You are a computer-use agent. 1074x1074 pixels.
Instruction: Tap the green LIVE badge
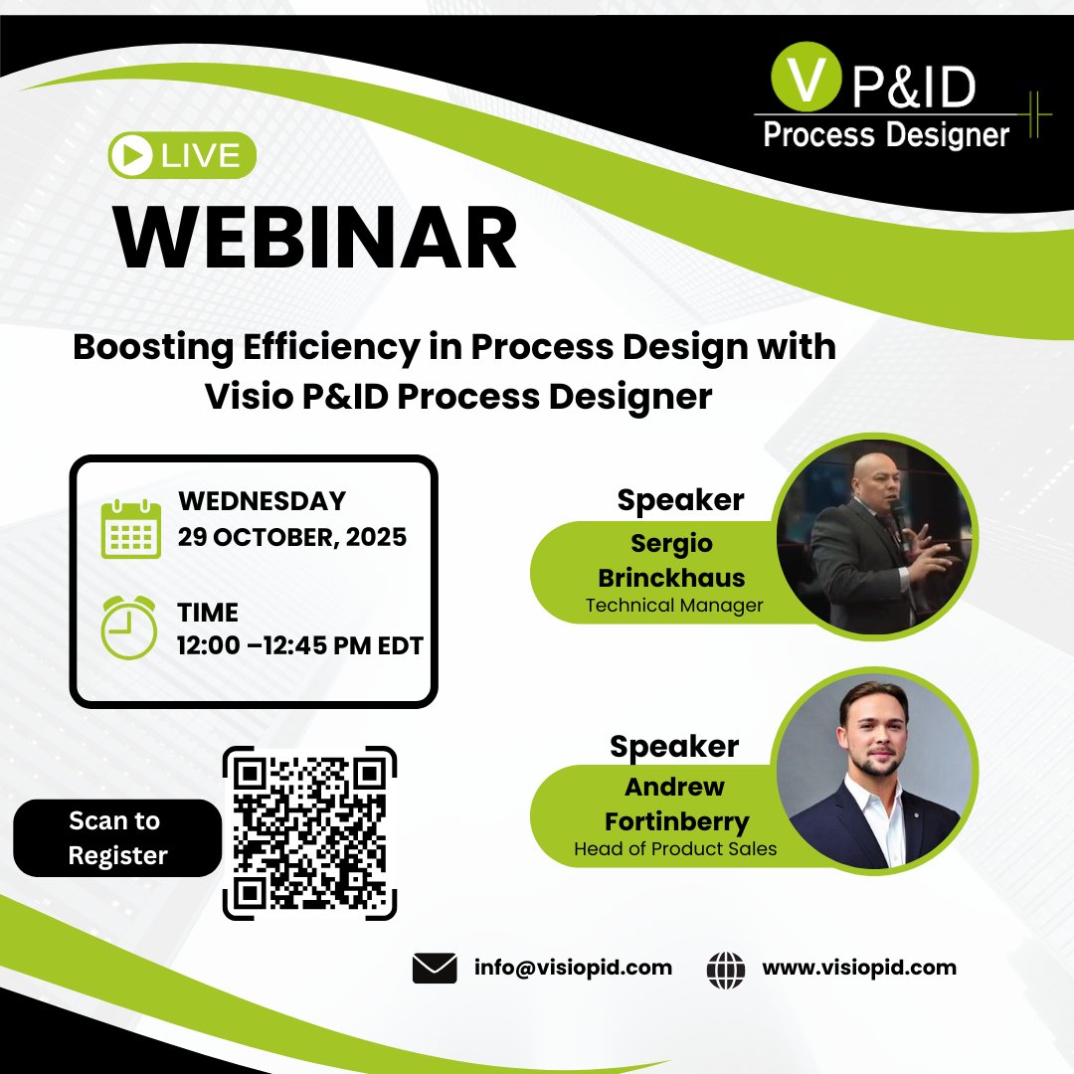182,156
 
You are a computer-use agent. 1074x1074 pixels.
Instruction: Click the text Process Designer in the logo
886,134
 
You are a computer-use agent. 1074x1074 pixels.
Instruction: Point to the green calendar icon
130,529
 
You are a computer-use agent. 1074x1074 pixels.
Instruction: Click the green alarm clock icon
129,627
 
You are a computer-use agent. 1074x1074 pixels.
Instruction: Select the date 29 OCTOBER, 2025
291,538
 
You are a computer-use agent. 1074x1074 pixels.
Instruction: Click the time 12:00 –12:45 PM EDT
299,645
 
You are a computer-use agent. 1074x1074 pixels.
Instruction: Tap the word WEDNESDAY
262,500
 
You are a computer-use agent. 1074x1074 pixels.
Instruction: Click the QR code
309,833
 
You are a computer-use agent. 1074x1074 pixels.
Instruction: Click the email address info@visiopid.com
573,968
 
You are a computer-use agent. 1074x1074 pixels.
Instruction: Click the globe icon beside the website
726,969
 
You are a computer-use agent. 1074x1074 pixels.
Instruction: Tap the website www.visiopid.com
859,968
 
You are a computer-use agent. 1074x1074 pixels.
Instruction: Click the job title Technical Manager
673,606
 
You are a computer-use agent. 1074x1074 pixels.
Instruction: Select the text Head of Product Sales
674,849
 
